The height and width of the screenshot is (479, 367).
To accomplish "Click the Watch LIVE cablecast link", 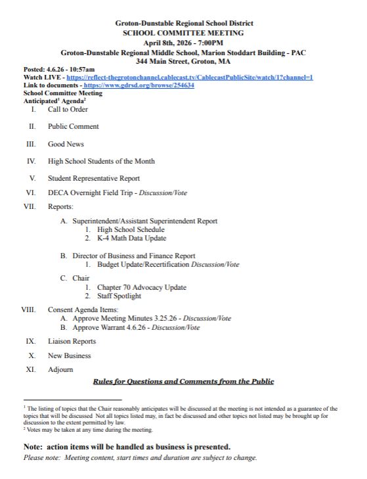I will click(190, 77).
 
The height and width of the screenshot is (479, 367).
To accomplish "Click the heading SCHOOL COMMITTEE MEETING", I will click(183, 32).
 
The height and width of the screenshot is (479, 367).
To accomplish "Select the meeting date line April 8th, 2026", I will click(183, 42).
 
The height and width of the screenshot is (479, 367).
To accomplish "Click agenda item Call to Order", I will click(68, 109).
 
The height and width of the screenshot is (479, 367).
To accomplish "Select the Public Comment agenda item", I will click(73, 126).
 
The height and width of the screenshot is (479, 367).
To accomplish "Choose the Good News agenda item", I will click(66, 144).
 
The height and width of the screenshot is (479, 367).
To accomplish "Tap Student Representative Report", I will click(93, 178).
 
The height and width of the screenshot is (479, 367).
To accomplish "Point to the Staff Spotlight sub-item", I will click(119, 296).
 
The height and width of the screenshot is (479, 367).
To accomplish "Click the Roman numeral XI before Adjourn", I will click(30, 370).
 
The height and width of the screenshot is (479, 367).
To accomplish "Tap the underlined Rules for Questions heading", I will click(183, 382).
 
